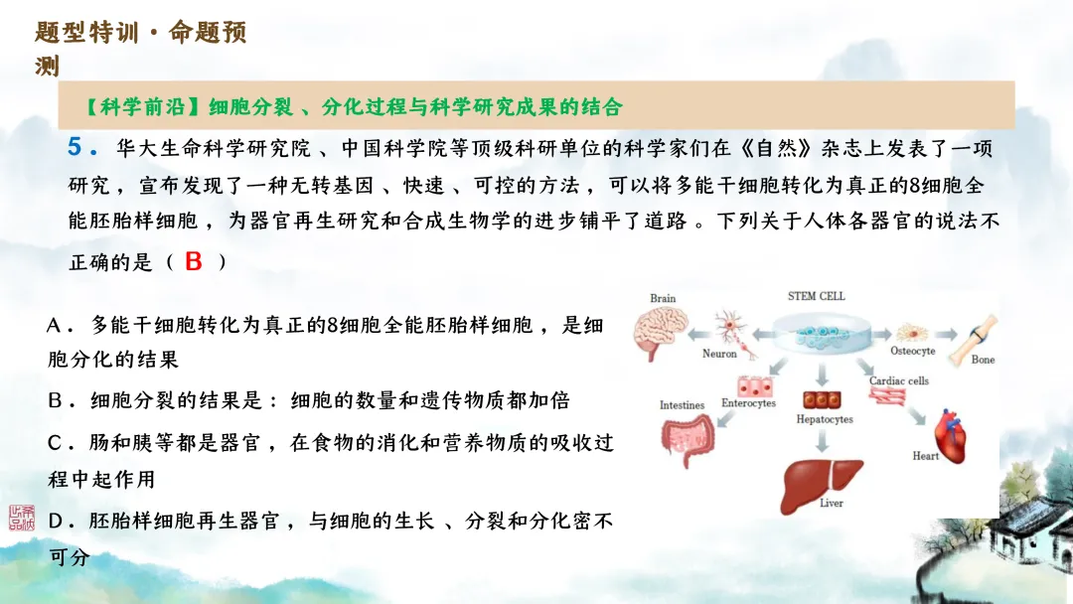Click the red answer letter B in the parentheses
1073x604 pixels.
click(193, 261)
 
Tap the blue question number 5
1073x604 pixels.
click(76, 148)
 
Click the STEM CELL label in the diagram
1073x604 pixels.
click(816, 296)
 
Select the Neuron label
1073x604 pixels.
click(719, 354)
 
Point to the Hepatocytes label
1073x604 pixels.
click(824, 419)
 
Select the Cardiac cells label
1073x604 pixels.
click(898, 380)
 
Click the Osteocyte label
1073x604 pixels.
click(912, 351)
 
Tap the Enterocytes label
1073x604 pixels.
click(748, 403)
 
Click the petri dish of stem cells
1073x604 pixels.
click(818, 334)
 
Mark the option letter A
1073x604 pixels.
click(56, 326)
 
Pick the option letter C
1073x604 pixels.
click(56, 442)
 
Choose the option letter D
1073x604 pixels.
click(57, 521)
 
